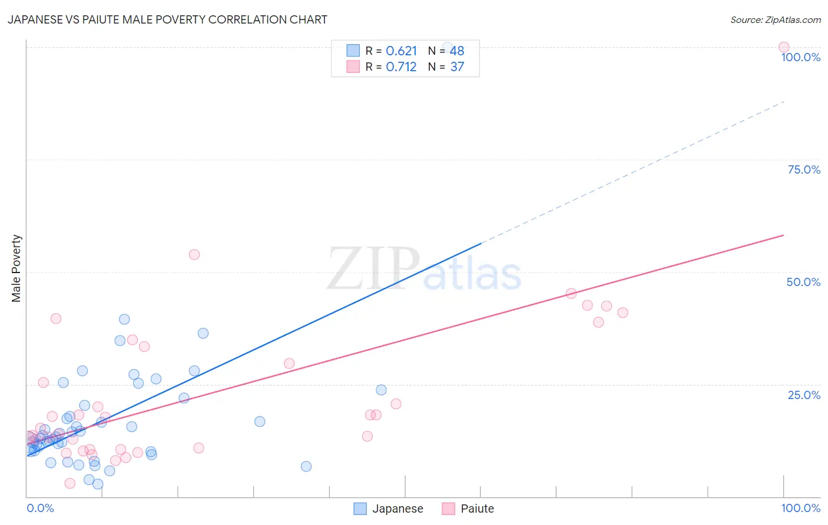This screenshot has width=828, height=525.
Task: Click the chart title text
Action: [x=167, y=19]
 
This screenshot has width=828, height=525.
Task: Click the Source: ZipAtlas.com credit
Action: [x=775, y=19]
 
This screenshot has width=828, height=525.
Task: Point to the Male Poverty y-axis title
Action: [x=16, y=268]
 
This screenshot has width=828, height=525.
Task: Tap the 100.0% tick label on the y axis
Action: [x=800, y=57]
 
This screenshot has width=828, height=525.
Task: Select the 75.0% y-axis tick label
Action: [x=804, y=170]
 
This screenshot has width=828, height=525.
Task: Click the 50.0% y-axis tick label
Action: [x=803, y=282]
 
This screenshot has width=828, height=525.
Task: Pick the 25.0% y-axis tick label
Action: [x=804, y=394]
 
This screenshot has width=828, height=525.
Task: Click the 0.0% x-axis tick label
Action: [x=40, y=508]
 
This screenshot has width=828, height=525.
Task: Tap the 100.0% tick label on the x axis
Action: [x=800, y=508]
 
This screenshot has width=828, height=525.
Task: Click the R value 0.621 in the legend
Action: [x=401, y=51]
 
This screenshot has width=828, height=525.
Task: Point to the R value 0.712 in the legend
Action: [x=401, y=67]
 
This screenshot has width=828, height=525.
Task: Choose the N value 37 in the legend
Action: [x=457, y=67]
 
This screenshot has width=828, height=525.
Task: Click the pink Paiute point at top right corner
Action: [x=783, y=47]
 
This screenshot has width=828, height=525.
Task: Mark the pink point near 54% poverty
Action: [x=194, y=254]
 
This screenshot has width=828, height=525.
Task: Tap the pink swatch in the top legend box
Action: [x=353, y=67]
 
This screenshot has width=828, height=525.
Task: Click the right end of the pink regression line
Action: [x=783, y=235]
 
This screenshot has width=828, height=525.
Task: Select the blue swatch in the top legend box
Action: [x=353, y=51]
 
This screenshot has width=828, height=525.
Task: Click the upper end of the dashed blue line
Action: [x=784, y=102]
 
